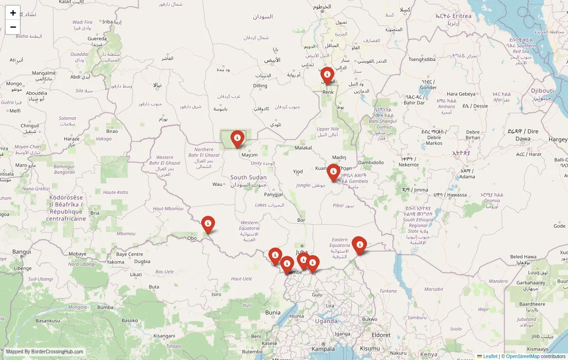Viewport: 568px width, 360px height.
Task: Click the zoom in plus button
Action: (13, 13)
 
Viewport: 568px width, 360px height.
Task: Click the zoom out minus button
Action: (13, 27)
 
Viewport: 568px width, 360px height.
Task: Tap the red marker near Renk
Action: (327, 75)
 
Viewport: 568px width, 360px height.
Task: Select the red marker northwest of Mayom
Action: (237, 139)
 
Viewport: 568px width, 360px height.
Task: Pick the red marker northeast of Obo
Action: (208, 224)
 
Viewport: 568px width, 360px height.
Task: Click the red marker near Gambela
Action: (333, 172)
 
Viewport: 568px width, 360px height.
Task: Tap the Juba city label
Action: (302, 252)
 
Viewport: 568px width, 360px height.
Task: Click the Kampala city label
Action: (323, 349)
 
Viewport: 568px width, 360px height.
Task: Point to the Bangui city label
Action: (21, 252)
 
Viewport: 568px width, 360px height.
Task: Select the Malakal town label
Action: (303, 148)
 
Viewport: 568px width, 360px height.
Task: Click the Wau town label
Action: (217, 184)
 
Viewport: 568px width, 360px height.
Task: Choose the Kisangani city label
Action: (164, 336)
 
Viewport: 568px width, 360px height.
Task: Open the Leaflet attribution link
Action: (490, 356)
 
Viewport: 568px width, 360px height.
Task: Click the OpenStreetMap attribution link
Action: (523, 356)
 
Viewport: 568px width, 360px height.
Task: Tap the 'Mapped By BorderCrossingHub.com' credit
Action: (45, 352)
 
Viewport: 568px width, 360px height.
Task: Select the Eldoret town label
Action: (382, 335)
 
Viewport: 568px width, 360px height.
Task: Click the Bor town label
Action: (301, 220)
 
